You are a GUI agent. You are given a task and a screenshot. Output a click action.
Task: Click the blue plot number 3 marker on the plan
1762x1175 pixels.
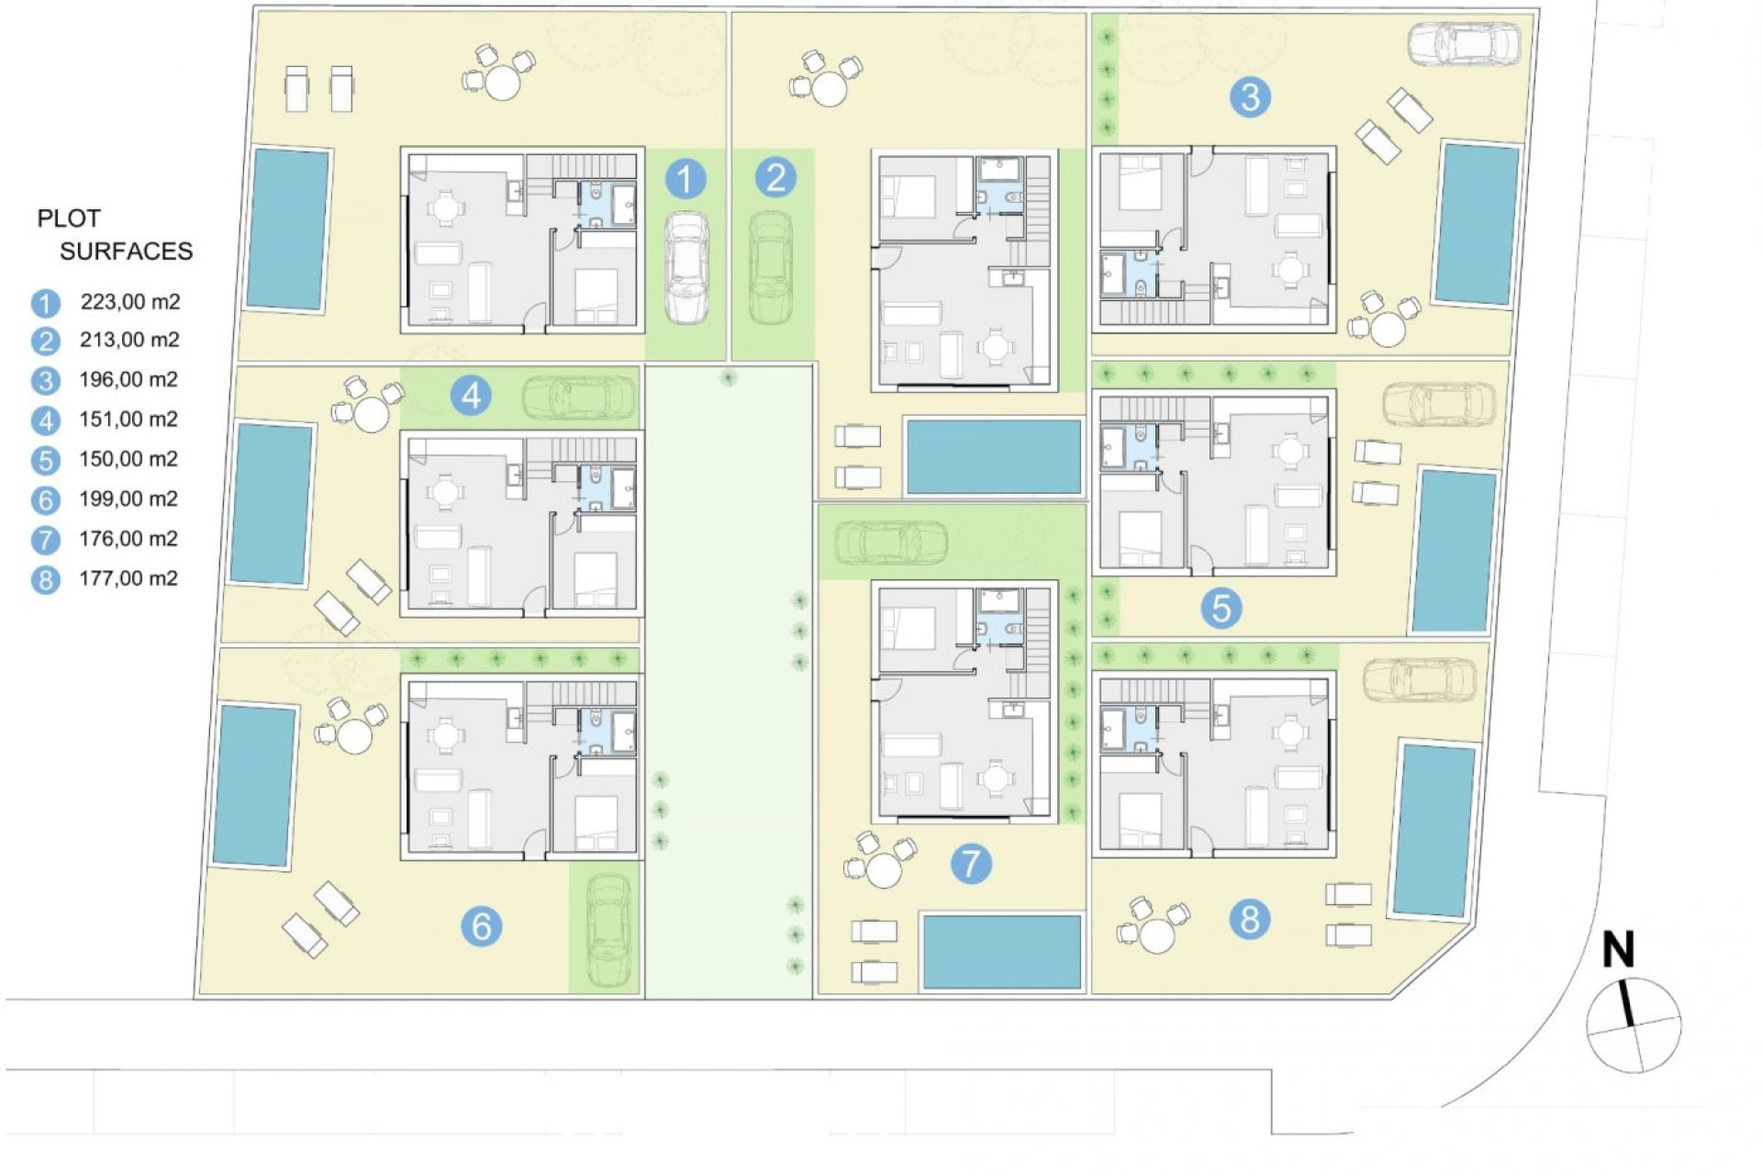point(1250,96)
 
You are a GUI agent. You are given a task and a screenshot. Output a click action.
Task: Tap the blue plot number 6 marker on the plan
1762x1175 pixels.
point(481,926)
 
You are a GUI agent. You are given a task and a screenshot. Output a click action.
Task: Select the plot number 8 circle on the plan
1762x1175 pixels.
point(1250,919)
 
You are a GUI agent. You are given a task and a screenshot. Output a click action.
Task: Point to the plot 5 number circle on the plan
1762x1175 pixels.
point(1221,608)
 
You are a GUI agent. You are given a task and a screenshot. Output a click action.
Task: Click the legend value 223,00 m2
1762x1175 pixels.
point(129,301)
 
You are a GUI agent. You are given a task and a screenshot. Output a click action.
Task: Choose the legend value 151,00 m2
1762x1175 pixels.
point(128,420)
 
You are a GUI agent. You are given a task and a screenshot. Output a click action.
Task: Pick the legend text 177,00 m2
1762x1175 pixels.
point(128,578)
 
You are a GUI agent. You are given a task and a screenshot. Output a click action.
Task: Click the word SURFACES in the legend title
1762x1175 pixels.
point(127,251)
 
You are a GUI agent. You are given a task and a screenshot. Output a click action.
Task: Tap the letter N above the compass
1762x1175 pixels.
point(1618,951)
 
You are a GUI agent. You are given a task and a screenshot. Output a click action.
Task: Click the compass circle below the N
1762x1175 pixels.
point(1634,1025)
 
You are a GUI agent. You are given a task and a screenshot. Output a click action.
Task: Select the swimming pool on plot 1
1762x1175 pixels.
point(288,229)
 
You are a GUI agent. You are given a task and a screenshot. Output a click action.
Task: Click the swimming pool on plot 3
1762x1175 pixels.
point(1476,223)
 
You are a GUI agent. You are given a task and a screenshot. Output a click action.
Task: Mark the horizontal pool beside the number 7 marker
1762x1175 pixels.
point(1002,951)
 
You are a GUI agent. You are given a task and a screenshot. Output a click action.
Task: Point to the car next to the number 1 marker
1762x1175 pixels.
point(685,267)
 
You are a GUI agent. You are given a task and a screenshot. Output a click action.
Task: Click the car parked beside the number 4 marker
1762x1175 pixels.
point(579,397)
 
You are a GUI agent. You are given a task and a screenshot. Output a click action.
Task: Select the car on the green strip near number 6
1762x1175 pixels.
point(607,930)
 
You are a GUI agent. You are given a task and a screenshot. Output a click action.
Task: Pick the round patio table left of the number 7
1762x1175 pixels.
point(884,869)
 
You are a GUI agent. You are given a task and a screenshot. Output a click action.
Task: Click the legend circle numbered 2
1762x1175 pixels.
point(45,341)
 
